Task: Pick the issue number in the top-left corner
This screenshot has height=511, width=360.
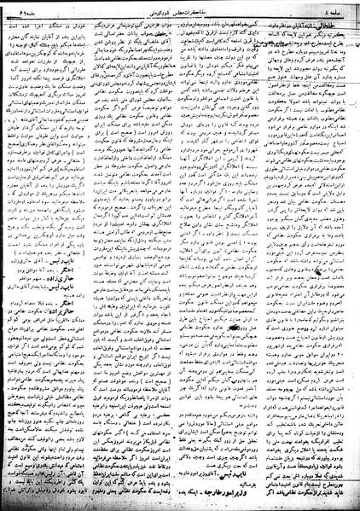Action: (x=21, y=9)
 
